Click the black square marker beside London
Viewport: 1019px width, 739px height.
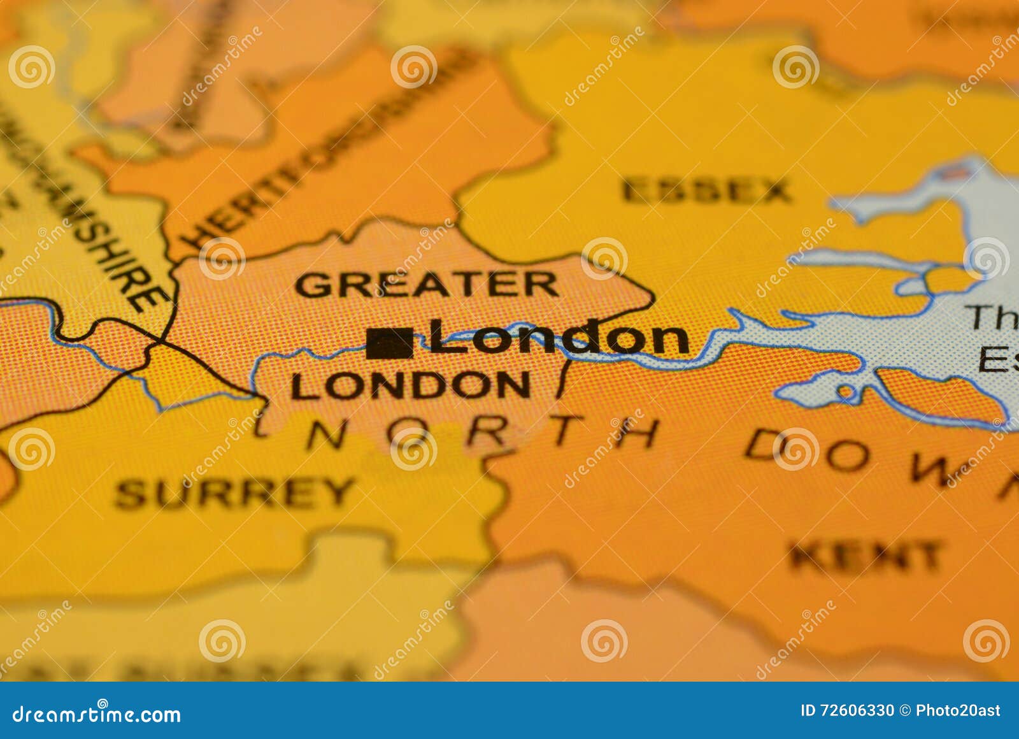click(389, 343)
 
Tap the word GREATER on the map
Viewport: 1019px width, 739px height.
click(426, 285)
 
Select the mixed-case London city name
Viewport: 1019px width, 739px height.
click(559, 337)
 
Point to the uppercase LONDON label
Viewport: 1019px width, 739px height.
click(410, 385)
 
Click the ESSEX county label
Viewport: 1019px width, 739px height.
click(706, 191)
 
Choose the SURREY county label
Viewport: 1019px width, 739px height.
click(234, 494)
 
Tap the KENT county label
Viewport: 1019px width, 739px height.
click(866, 556)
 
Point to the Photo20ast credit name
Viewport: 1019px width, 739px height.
click(958, 711)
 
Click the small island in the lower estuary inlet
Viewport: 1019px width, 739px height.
click(846, 391)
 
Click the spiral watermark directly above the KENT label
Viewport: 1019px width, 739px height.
click(795, 450)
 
